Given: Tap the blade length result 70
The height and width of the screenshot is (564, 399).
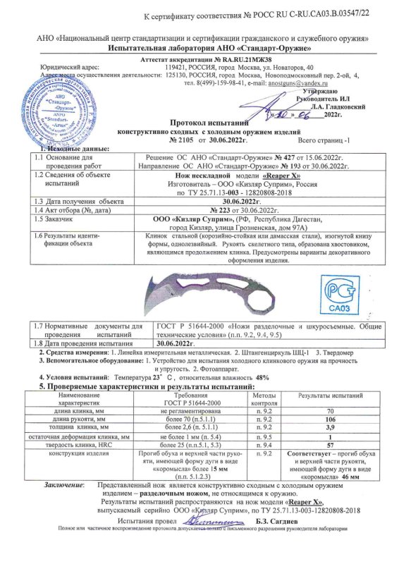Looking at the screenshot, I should tap(330, 410).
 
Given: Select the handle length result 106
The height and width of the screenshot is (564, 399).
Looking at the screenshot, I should tap(330, 419).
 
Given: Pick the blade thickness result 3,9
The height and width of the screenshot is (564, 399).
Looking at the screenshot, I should tap(330, 427).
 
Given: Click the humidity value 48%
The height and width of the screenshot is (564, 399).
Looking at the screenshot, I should tap(262, 378).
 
